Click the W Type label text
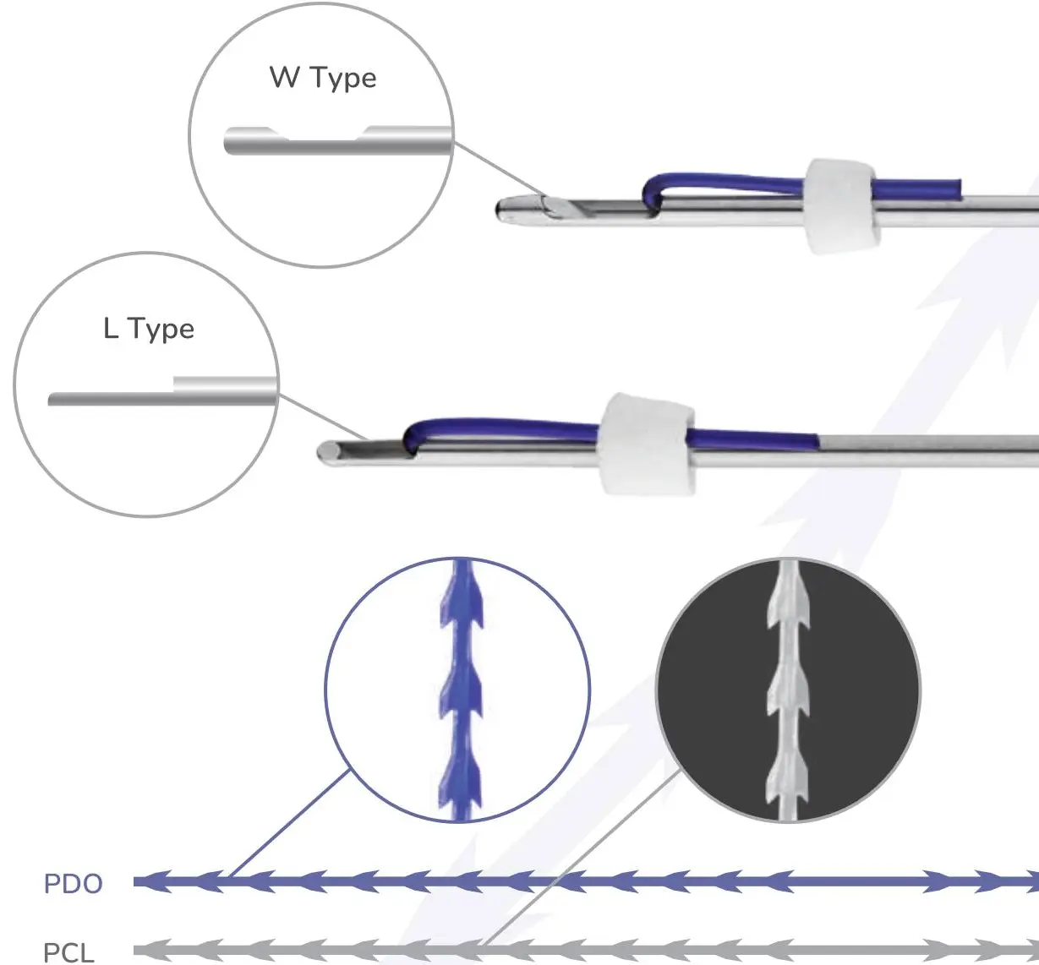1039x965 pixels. pos(323,78)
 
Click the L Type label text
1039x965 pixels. pos(149,329)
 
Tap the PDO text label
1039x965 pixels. pos(73,884)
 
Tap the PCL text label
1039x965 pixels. pos(68,952)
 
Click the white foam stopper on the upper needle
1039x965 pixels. pos(840,205)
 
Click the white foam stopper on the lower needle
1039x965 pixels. pos(647,444)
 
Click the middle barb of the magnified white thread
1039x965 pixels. pos(788,690)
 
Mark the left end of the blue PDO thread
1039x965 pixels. pos(139,882)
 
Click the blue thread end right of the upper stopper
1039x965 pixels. pos(955,187)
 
